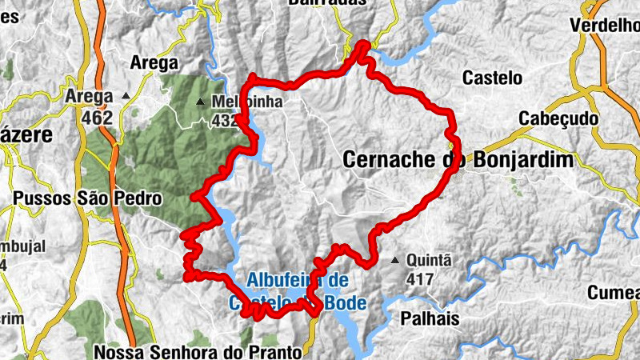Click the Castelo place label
coord(492,78)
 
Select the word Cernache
coord(390,160)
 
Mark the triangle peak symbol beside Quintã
coord(394,261)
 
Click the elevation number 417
coord(419,280)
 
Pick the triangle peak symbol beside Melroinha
coord(200,102)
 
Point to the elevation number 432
coord(225,120)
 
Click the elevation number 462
coord(96,118)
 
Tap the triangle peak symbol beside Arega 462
coord(126,97)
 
